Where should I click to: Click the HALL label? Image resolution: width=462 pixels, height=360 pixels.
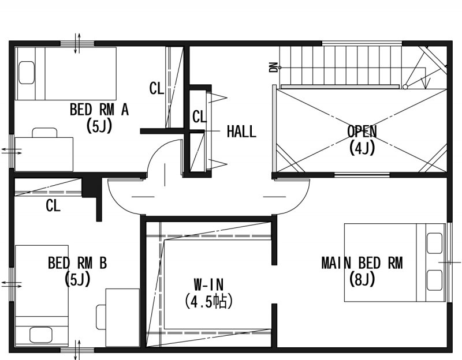coord(241,132)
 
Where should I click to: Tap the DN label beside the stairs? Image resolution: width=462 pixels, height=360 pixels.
coord(273,67)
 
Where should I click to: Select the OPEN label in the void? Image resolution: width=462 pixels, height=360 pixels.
coord(362,132)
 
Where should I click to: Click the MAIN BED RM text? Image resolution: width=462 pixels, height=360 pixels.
coord(362,263)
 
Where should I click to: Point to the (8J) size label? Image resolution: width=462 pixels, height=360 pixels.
coord(362,279)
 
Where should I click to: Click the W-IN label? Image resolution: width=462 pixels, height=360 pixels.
coord(208,284)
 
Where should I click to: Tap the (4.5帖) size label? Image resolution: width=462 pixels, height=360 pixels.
coord(208,301)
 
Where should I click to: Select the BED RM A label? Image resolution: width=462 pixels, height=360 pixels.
coord(99,110)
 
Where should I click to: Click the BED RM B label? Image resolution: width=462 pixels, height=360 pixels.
coord(77,263)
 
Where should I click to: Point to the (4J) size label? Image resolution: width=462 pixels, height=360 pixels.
coord(362,148)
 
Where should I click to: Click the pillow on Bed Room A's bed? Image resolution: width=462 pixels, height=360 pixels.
coord(27,73)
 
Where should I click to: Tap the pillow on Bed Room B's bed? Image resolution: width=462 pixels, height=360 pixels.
coord(41,335)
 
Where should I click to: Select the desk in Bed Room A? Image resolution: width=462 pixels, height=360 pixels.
coord(44,154)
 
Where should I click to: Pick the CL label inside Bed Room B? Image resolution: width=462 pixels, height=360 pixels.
coord(53,205)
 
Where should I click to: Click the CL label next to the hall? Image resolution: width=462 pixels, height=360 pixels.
coord(199,117)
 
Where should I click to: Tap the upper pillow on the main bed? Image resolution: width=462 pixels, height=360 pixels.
coord(435,243)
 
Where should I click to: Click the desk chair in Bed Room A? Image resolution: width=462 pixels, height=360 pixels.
coord(44,133)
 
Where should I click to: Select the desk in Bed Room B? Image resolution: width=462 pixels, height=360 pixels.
coord(122,317)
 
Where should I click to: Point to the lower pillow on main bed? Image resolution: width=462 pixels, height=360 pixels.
coord(435,280)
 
